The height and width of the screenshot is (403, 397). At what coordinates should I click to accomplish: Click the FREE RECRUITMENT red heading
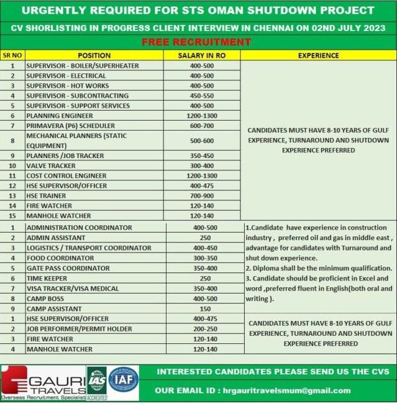point(196,42)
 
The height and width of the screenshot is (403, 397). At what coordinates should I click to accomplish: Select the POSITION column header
point(94,55)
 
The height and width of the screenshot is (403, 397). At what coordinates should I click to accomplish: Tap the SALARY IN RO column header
point(201,55)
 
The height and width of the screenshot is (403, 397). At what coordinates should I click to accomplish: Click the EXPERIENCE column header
point(318,55)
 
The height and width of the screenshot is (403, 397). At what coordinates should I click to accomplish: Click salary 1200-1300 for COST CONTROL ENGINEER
point(201,175)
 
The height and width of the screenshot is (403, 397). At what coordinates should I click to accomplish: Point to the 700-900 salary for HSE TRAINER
point(201,195)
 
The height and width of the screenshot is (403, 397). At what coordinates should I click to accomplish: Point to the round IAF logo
point(124,379)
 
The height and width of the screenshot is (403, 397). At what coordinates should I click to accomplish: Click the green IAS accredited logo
point(96,381)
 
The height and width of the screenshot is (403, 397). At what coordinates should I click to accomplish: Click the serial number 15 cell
point(12,216)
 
